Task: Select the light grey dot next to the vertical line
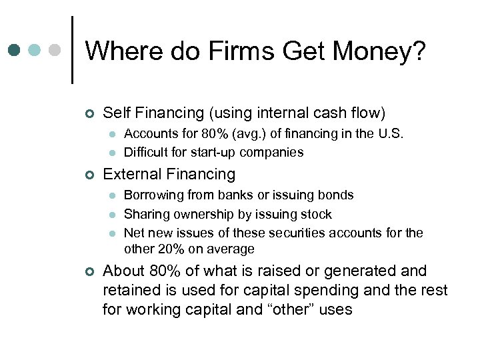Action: [x=55, y=50]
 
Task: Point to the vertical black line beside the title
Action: [x=72, y=50]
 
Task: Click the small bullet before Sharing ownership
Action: [x=112, y=215]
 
